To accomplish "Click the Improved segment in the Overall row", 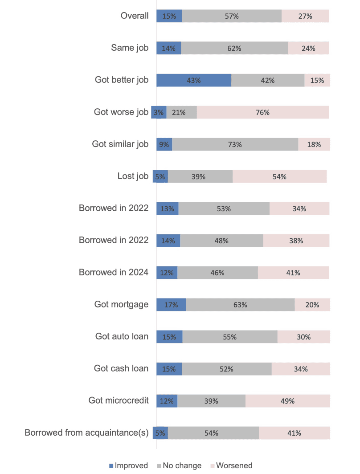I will [x=169, y=16].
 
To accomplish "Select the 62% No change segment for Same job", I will [x=234, y=48].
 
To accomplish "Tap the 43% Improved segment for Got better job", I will [x=194, y=80].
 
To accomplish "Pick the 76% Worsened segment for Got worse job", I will [x=263, y=112].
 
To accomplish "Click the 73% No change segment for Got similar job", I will [x=235, y=144].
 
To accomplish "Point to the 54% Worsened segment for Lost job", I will [x=279, y=176].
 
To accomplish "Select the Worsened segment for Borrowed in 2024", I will [x=293, y=273].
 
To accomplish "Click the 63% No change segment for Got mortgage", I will [x=240, y=305].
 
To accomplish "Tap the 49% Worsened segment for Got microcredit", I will [x=287, y=401].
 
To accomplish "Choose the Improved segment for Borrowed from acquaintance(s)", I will [x=160, y=433].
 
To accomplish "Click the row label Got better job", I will [x=122, y=80].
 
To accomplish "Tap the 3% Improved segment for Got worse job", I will [x=159, y=112].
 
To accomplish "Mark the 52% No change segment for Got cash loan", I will [x=226, y=369].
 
